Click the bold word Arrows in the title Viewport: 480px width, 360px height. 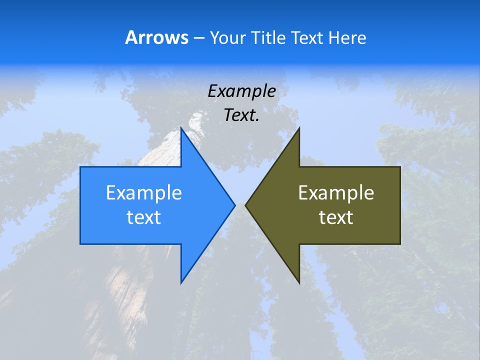click(156, 37)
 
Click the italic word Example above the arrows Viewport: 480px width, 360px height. click(241, 91)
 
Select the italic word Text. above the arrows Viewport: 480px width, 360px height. click(241, 115)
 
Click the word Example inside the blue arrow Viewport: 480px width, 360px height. click(144, 192)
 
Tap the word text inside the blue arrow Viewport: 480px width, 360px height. click(144, 217)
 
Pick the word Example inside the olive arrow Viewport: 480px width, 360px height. click(336, 192)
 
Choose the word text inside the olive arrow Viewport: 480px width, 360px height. click(336, 217)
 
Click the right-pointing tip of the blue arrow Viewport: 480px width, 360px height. click(234, 205)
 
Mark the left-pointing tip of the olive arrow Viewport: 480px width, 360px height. click(245, 205)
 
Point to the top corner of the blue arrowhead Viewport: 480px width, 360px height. click(181, 128)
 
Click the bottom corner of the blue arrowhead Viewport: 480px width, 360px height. click(181, 283)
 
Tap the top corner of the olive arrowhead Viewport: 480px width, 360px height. click(299, 128)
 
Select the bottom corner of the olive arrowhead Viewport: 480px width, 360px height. click(299, 283)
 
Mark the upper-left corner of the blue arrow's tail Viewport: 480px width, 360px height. click(81, 167)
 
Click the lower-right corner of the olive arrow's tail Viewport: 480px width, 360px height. click(400, 243)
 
